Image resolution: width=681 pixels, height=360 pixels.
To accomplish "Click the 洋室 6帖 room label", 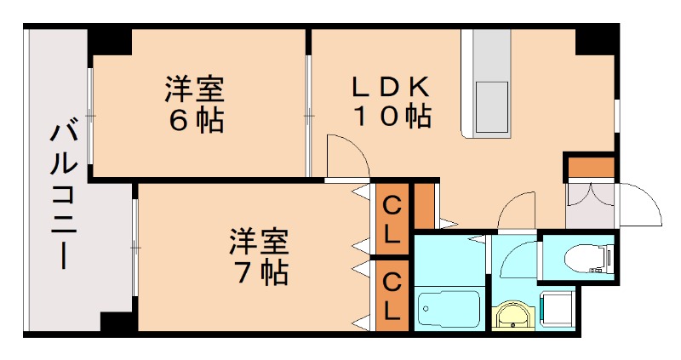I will [x=195, y=104].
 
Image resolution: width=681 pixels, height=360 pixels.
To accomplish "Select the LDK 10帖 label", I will [x=392, y=100].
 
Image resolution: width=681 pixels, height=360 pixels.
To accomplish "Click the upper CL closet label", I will [x=391, y=220].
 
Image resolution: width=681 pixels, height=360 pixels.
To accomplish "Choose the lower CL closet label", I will [x=391, y=296].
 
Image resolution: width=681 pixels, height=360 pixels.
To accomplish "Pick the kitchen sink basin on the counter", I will [x=491, y=101].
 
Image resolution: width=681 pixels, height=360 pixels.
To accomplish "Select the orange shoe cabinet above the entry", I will [x=591, y=168].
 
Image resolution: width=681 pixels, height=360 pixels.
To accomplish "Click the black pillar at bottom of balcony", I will [x=117, y=323].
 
